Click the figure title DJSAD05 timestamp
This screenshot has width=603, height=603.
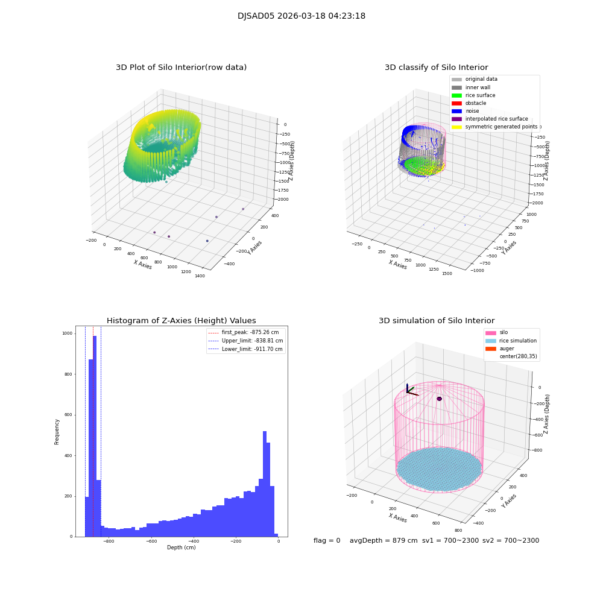tap(301, 16)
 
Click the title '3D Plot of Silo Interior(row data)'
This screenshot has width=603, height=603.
tap(181, 68)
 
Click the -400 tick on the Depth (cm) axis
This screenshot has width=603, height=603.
tap(193, 541)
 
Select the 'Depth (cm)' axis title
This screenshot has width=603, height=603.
tap(181, 548)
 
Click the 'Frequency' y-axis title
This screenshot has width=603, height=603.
tap(57, 432)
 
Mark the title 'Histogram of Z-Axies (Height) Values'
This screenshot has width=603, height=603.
tap(181, 321)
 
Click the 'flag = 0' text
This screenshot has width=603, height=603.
tap(327, 540)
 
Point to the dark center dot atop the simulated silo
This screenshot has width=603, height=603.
tap(439, 399)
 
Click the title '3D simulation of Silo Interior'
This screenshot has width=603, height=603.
tap(437, 321)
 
